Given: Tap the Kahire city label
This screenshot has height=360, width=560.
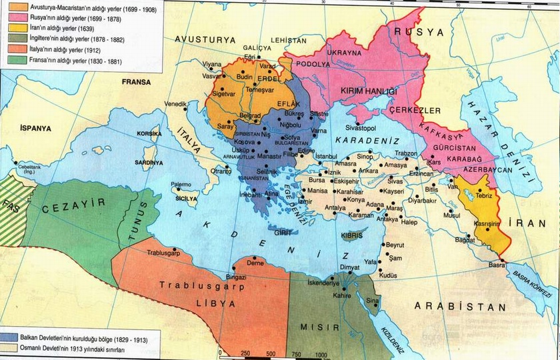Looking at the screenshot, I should (x=341, y=295).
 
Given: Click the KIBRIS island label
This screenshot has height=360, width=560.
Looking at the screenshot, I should (x=351, y=236).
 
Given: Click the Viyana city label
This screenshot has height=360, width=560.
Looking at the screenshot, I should (x=211, y=64).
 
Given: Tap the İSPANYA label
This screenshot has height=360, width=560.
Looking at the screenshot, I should (x=35, y=127).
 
